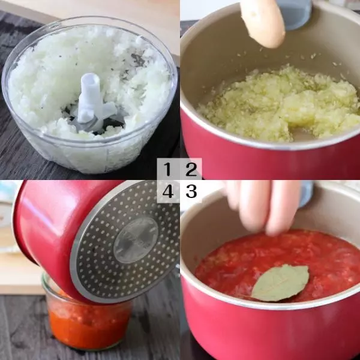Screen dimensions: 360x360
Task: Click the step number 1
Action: point(167,169)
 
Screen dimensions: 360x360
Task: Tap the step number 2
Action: point(191,169)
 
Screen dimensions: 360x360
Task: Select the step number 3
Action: point(191,191)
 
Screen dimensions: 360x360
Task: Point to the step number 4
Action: point(168,191)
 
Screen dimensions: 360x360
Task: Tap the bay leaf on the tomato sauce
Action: point(280,283)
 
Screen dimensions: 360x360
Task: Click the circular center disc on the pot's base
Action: point(136,240)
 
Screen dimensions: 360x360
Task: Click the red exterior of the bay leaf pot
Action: point(264,331)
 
